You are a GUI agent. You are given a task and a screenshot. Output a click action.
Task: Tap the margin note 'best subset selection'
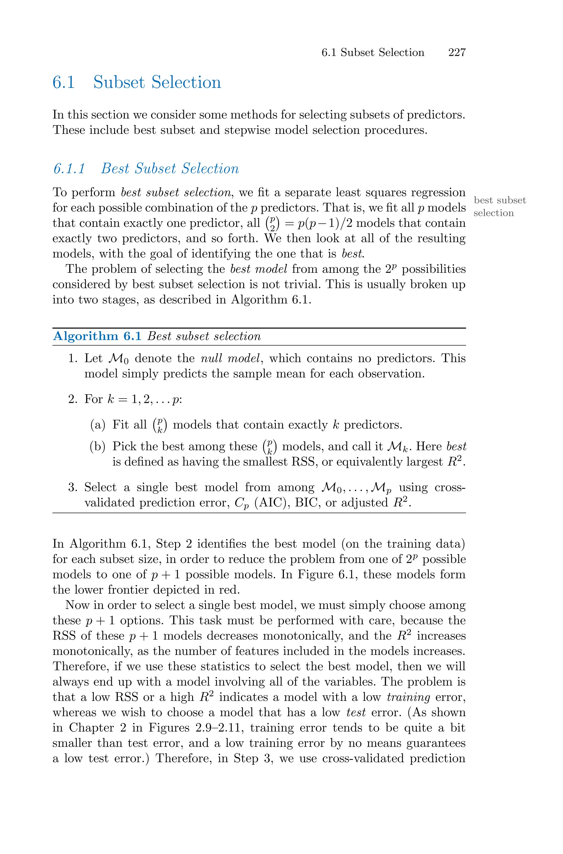point(499,207)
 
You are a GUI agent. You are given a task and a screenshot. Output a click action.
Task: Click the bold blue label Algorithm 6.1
point(97,336)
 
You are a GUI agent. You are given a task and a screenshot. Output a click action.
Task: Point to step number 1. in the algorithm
point(73,358)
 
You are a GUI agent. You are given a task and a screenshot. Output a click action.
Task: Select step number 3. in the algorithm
point(73,487)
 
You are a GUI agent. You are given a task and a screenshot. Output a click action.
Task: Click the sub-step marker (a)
point(97,425)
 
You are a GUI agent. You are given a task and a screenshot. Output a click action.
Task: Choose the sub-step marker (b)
point(97,446)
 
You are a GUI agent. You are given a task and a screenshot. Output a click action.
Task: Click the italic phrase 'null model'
point(230,358)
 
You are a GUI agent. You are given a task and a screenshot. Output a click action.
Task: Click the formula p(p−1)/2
point(325,223)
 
